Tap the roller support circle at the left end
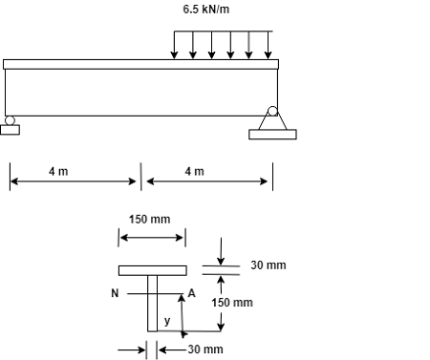tap(10, 120)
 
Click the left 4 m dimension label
tap(58, 171)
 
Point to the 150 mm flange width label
tap(150, 219)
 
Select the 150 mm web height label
tap(232, 303)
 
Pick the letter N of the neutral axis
tap(115, 293)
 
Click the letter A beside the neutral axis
tap(191, 293)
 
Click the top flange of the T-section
tap(152, 270)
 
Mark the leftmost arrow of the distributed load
tap(174, 45)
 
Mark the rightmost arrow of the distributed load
tap(268, 45)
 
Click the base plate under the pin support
tap(272, 135)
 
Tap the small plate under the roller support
tap(10, 130)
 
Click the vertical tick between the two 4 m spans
tap(141, 177)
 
